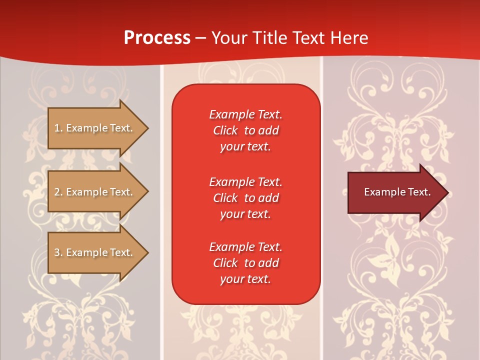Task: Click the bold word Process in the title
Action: (x=157, y=38)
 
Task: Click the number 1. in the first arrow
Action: (x=58, y=128)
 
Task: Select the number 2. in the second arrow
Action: (x=58, y=192)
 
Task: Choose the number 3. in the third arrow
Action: (x=58, y=252)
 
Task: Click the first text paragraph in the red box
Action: (x=245, y=130)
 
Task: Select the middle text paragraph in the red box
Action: (x=245, y=198)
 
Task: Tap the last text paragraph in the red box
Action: (x=245, y=263)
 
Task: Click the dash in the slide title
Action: (x=201, y=38)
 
